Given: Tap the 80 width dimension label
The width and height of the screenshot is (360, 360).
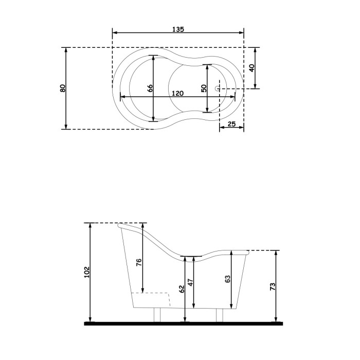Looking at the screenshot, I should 62,88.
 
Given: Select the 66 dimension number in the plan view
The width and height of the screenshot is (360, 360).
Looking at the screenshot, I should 150,88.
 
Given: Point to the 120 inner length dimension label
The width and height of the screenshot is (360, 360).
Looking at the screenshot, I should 177,93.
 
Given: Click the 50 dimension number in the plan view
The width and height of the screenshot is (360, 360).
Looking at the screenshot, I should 204,88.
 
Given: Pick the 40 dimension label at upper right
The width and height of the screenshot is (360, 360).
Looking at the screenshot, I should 251,68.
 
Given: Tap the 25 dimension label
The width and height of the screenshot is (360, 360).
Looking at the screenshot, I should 231,124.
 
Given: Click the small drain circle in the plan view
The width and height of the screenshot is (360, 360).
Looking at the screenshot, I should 218,88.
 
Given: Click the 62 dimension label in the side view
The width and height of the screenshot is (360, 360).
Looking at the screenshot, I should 182,289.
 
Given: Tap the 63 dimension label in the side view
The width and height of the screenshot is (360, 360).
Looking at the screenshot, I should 227,279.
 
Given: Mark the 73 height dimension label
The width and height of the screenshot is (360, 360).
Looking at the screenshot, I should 273,285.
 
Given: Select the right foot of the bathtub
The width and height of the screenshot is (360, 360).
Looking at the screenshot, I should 219,315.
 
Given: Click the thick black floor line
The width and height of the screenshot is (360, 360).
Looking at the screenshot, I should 184,323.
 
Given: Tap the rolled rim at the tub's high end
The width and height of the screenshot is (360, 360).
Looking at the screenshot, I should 122,225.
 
